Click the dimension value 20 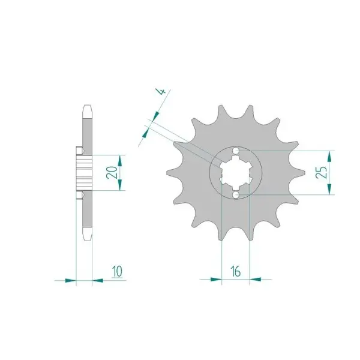tap(112, 172)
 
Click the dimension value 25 tap(322, 172)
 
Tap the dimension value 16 tap(236, 271)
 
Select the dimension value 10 tap(118, 272)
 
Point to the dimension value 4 tap(162, 92)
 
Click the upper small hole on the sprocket tap(236, 151)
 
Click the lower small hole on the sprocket tap(236, 195)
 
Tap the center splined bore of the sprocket tap(236, 173)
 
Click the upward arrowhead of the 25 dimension tap(329, 157)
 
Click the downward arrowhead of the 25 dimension tap(329, 189)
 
